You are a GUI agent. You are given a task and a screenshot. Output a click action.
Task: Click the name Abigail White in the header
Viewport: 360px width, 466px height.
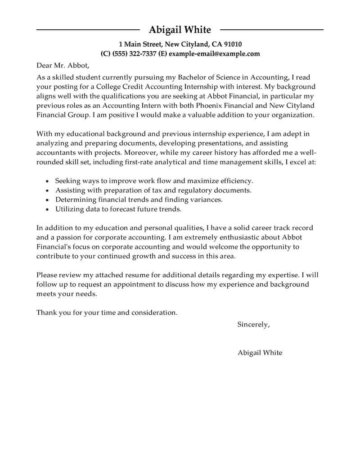(180, 30)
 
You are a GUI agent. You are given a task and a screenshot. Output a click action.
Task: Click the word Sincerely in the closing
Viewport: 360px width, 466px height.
(253, 324)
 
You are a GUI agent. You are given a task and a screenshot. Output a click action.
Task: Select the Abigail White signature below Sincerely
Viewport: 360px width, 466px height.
(260, 353)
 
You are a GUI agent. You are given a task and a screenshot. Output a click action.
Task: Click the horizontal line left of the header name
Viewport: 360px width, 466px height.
(88, 30)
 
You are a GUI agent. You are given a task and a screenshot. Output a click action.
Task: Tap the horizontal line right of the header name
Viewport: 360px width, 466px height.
(271, 30)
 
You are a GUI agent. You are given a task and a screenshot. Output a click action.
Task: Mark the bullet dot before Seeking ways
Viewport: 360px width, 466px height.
(48, 181)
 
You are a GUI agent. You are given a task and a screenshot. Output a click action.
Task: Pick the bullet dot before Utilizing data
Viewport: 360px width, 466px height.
(48, 210)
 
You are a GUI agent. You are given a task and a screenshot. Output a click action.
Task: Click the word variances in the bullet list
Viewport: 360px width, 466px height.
(207, 200)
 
